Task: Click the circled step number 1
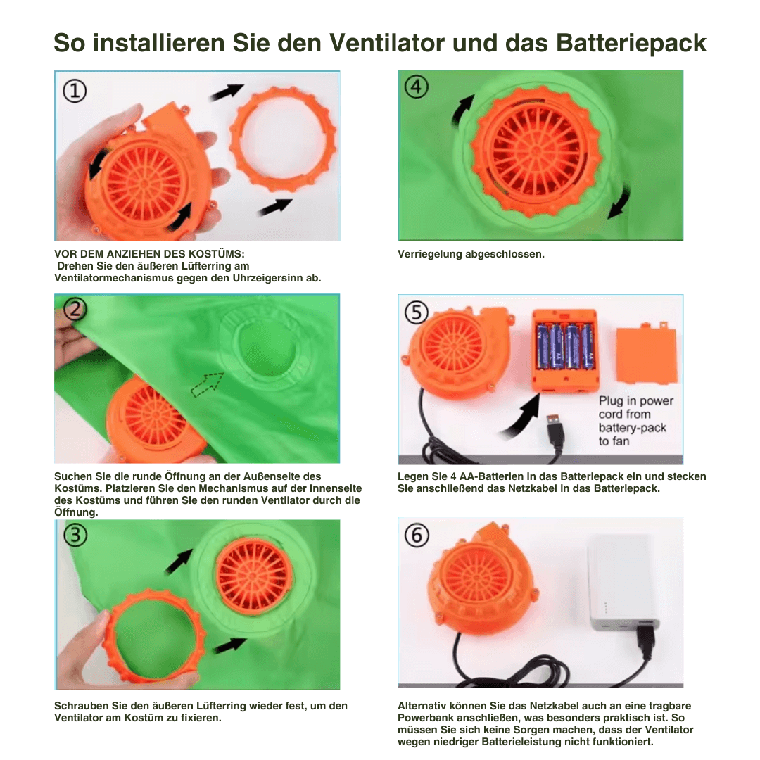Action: pyautogui.click(x=75, y=90)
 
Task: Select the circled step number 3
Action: pyautogui.click(x=75, y=536)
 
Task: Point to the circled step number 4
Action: pyautogui.click(x=417, y=87)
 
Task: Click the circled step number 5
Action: pyautogui.click(x=417, y=312)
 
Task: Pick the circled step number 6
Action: pyautogui.click(x=417, y=536)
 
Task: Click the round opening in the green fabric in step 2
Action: pyautogui.click(x=270, y=349)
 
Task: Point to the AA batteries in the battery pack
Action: pyautogui.click(x=565, y=346)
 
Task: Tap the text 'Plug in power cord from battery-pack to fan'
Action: pyautogui.click(x=635, y=421)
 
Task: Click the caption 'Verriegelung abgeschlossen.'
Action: pyautogui.click(x=471, y=254)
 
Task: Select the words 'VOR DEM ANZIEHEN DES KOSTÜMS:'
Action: pyautogui.click(x=150, y=254)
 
